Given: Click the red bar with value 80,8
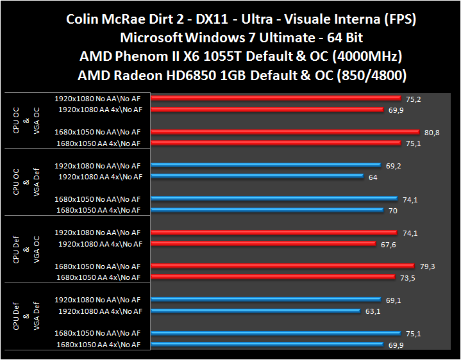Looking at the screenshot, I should (285, 132).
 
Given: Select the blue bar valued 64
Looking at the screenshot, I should (258, 177).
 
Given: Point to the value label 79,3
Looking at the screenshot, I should (428, 266).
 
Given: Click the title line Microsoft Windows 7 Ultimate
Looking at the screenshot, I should (242, 38).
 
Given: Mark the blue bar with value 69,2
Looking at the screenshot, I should (267, 165).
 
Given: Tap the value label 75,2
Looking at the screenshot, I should (412, 99).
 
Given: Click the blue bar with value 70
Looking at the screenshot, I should (268, 210).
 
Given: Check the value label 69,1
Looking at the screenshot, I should (394, 299).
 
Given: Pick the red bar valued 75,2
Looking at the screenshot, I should (276, 99).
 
